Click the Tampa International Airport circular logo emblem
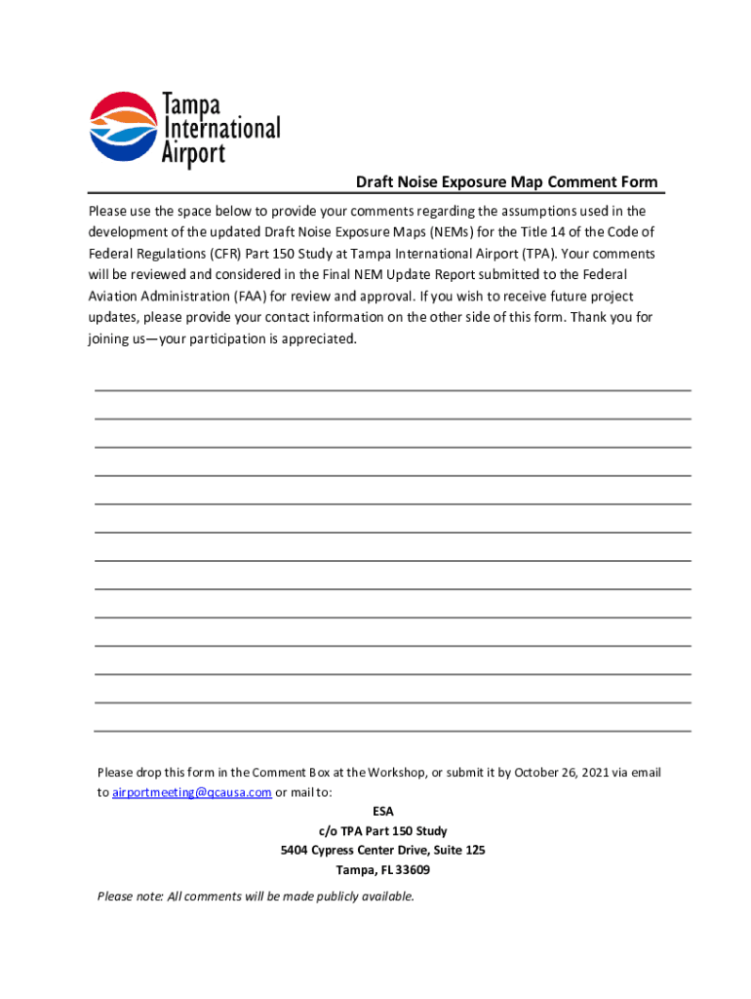123,127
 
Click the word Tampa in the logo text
191,104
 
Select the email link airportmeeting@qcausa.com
191,792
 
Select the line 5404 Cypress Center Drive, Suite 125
382,851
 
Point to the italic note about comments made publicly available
256,897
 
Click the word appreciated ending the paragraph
320,340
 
